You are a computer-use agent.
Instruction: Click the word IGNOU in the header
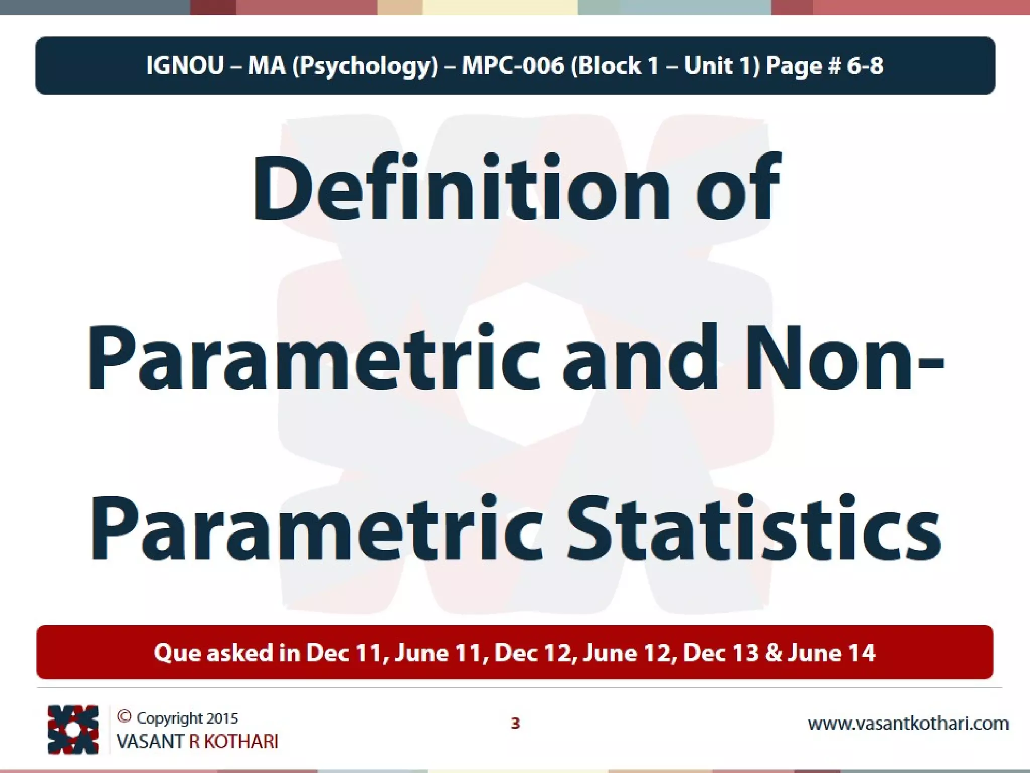point(185,66)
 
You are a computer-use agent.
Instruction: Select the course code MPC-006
point(512,66)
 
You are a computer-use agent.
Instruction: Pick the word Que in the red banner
point(177,653)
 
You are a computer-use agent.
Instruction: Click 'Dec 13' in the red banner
point(720,653)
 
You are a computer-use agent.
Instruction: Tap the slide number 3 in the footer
point(515,723)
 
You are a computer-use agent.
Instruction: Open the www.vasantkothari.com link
point(908,724)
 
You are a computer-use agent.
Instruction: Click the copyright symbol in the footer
point(124,717)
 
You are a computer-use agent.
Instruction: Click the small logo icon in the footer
point(72,729)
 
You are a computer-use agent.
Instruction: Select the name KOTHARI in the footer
point(240,742)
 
